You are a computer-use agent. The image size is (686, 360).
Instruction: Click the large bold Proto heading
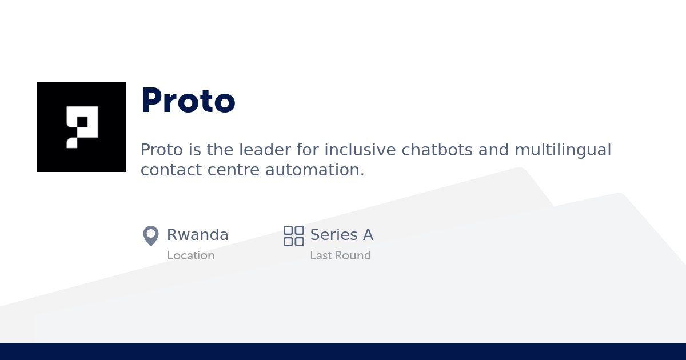pyautogui.click(x=188, y=101)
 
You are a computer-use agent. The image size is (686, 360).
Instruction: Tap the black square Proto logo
pyautogui.click(x=81, y=127)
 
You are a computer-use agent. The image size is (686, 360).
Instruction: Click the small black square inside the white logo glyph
pyautogui.click(x=82, y=122)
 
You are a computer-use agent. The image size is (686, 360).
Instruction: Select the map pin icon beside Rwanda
pyautogui.click(x=151, y=235)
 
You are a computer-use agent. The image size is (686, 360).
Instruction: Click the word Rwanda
pyautogui.click(x=197, y=235)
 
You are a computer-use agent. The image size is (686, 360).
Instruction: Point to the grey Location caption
pyautogui.click(x=190, y=255)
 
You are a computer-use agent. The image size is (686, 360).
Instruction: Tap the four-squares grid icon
pyautogui.click(x=294, y=235)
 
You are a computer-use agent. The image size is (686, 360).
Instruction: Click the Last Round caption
pyautogui.click(x=340, y=255)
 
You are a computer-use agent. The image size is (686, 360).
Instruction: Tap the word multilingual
pyautogui.click(x=563, y=150)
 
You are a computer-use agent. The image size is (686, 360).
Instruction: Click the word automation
pyautogui.click(x=314, y=170)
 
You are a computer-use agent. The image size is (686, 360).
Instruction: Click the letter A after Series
pyautogui.click(x=368, y=235)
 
